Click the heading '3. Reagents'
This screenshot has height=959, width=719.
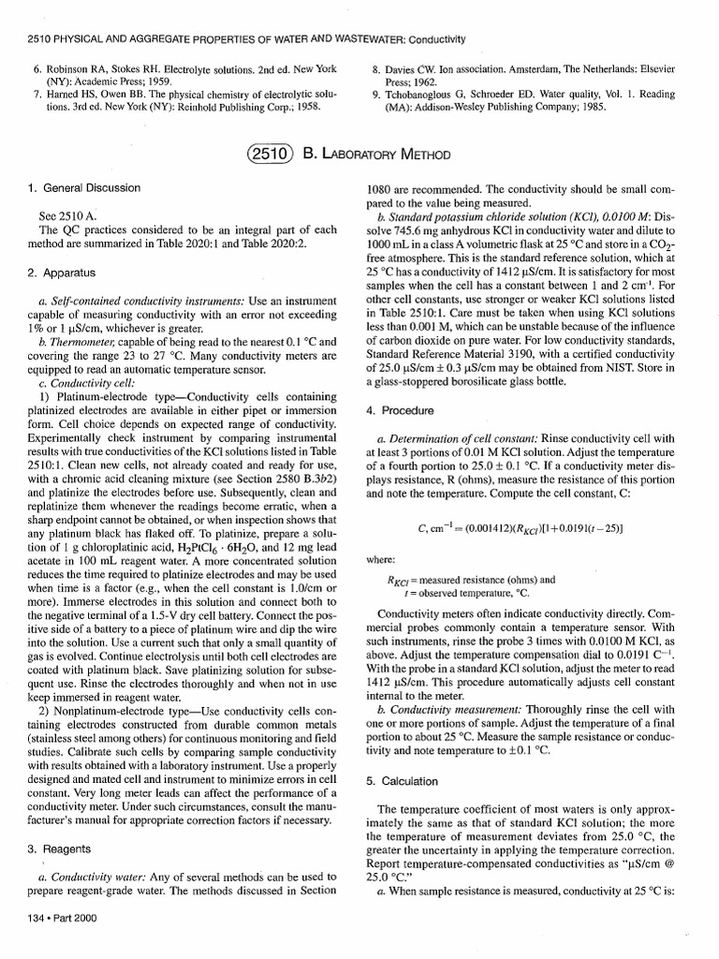coord(53,848)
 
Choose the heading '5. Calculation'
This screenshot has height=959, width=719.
coord(404,780)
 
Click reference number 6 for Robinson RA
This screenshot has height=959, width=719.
coord(37,70)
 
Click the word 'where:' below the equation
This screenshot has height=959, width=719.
coord(381,561)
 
